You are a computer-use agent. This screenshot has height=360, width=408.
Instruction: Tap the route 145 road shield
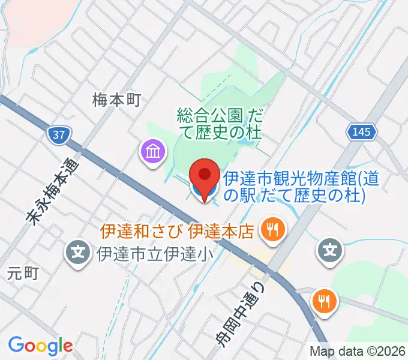362,132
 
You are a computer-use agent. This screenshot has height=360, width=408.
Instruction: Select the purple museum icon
153,151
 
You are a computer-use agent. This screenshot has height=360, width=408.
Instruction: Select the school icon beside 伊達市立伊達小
79,252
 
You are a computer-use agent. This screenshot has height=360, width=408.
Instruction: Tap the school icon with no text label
331,249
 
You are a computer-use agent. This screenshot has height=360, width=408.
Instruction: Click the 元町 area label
23,274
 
